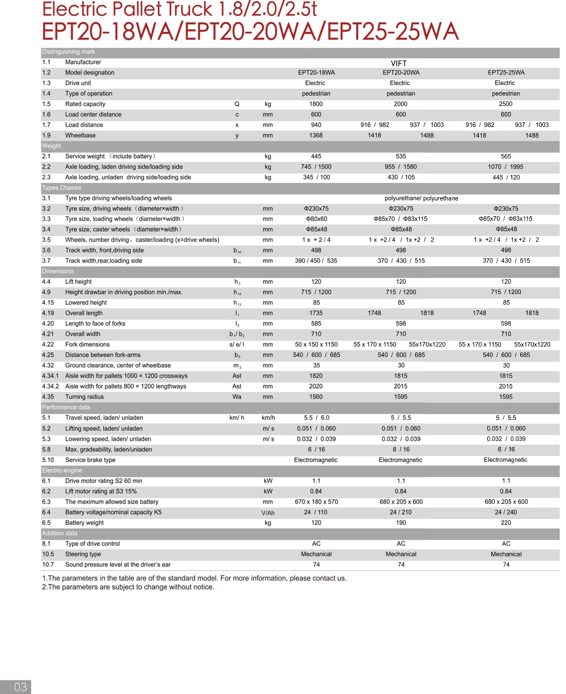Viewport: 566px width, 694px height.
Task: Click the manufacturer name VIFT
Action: [x=398, y=63]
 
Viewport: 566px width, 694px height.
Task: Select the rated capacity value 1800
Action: [x=316, y=104]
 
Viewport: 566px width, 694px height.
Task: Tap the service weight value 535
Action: [x=401, y=156]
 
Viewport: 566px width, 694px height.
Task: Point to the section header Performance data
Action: [x=66, y=407]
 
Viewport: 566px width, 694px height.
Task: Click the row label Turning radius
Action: [x=84, y=397]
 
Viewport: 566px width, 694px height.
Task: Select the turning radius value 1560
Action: [x=316, y=397]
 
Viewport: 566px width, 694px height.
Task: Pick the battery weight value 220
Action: [x=506, y=523]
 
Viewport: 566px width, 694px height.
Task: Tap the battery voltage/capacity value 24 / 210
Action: [x=401, y=512]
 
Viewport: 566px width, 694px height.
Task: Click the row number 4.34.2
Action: [x=50, y=386]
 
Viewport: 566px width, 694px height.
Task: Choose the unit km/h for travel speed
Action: [x=268, y=418]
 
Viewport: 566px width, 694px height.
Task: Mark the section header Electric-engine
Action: [x=62, y=470]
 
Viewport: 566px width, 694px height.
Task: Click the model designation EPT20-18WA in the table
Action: [x=316, y=73]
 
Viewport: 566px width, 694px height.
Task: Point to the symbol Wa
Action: [x=237, y=397]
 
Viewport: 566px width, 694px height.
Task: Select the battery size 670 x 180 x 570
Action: [x=316, y=502]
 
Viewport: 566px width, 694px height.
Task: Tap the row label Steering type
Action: [x=83, y=554]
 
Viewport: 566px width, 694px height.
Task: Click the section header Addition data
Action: [x=61, y=533]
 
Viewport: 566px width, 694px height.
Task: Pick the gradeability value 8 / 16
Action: [x=401, y=449]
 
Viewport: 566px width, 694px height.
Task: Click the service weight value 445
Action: [x=316, y=156]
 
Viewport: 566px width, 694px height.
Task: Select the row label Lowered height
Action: [x=85, y=303]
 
